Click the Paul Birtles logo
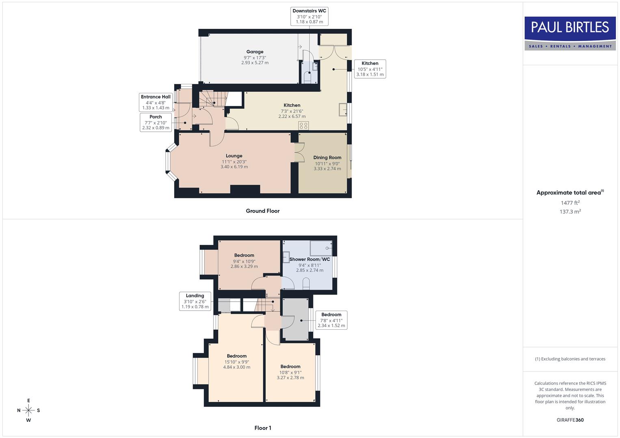[570, 33]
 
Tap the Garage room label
[255, 57]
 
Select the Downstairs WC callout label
[309, 16]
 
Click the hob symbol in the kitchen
[303, 125]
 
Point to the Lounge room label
[234, 161]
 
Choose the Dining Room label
[327, 163]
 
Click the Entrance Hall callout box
[156, 102]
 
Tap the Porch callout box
[156, 122]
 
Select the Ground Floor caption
[263, 211]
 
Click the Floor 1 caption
[263, 428]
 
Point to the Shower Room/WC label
[309, 264]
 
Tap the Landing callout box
[195, 301]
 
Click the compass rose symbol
[28, 410]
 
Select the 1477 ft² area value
[570, 203]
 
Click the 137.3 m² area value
[570, 211]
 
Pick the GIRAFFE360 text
[570, 420]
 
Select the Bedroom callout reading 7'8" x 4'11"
[331, 320]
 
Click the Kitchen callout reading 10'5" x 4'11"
[370, 69]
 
